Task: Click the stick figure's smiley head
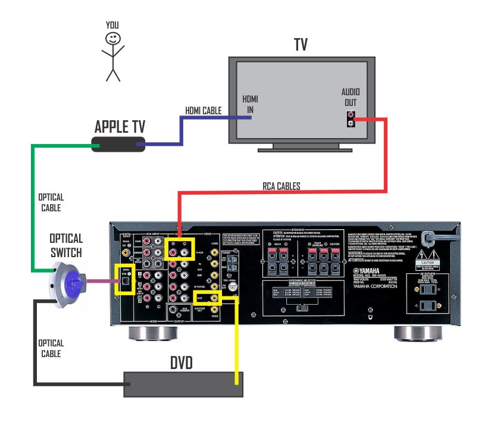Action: pyautogui.click(x=112, y=39)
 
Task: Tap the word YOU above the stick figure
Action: pyautogui.click(x=112, y=24)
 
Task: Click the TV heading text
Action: pyautogui.click(x=301, y=45)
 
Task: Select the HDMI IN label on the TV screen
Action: pyautogui.click(x=250, y=105)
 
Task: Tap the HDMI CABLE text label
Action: pyautogui.click(x=203, y=111)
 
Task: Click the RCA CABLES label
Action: pyautogui.click(x=282, y=186)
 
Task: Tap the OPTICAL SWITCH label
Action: pyautogui.click(x=66, y=245)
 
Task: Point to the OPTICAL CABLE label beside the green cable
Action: pyautogui.click(x=51, y=202)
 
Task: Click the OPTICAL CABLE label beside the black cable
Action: pyautogui.click(x=51, y=348)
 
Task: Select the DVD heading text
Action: pyautogui.click(x=181, y=362)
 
